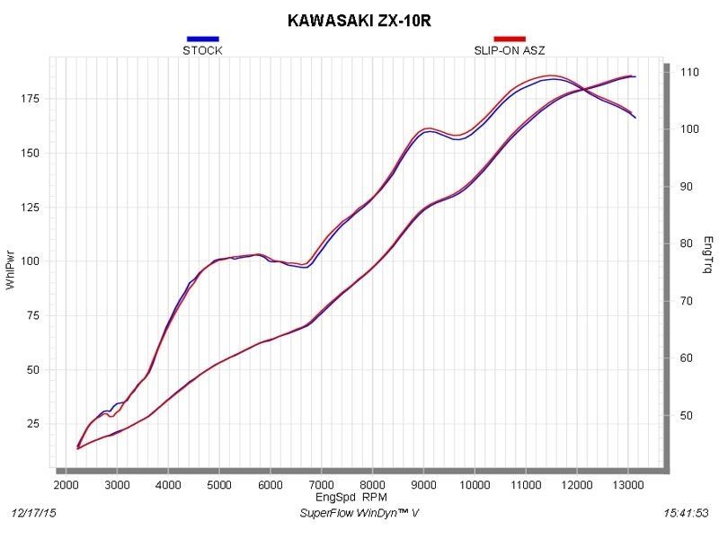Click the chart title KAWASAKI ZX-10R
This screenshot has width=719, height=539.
pyautogui.click(x=359, y=18)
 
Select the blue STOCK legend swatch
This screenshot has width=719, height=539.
pyautogui.click(x=202, y=39)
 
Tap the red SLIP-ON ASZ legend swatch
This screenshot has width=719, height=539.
pyautogui.click(x=509, y=39)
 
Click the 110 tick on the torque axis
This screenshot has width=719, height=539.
pyautogui.click(x=688, y=72)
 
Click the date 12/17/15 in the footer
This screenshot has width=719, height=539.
pyautogui.click(x=32, y=512)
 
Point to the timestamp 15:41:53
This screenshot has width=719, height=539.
pyautogui.click(x=685, y=512)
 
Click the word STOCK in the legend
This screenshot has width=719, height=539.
pyautogui.click(x=202, y=50)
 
